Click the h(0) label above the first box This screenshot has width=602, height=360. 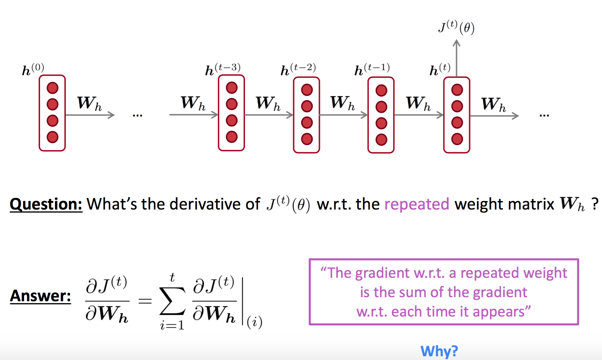(x=33, y=70)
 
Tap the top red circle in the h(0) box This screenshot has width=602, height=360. (x=53, y=88)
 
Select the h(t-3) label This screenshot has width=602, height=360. (x=223, y=69)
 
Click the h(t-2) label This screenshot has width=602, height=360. (x=298, y=69)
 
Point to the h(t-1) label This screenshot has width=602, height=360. (x=372, y=69)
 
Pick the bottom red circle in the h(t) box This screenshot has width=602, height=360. (x=457, y=139)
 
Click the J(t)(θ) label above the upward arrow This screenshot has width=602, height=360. (x=456, y=27)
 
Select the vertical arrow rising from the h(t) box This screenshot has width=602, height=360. (x=457, y=58)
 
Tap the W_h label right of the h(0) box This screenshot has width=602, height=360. (x=89, y=103)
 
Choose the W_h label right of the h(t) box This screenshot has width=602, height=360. (x=493, y=104)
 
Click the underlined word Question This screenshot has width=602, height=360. (x=46, y=204)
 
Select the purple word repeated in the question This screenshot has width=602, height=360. (x=417, y=204)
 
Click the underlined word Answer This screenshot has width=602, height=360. (x=40, y=296)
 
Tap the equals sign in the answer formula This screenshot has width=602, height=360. (x=145, y=301)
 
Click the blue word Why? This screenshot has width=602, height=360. (x=439, y=351)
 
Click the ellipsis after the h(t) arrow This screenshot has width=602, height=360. (x=544, y=116)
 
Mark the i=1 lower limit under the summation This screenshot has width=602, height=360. (x=172, y=325)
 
